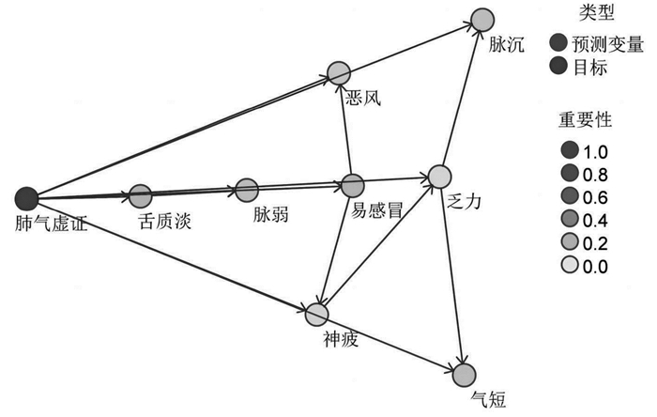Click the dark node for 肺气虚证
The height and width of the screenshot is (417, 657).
point(26,199)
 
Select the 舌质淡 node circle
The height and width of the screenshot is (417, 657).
point(141,195)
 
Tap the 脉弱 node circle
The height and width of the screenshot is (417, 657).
point(247,191)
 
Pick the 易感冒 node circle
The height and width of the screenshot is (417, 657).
point(352,185)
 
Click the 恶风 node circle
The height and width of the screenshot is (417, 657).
point(339,74)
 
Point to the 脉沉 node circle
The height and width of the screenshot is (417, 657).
point(482,20)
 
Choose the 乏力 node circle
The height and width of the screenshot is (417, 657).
point(439,176)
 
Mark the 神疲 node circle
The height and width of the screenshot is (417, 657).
point(317,315)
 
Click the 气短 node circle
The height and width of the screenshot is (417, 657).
point(465,375)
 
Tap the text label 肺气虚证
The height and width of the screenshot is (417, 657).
point(51,224)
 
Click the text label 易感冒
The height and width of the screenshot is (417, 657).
point(376,210)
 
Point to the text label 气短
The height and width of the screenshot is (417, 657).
point(489,399)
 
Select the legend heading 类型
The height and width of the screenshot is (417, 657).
point(597,12)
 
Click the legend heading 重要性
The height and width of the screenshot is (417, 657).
point(585,120)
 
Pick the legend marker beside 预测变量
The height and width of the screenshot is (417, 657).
point(558,43)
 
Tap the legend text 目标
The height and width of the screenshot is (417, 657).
point(590,67)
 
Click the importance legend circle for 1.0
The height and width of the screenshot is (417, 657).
point(570,149)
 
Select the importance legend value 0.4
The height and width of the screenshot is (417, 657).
point(595,221)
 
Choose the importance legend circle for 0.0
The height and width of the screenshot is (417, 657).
point(570,265)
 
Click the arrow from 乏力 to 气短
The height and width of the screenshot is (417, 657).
point(452,276)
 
